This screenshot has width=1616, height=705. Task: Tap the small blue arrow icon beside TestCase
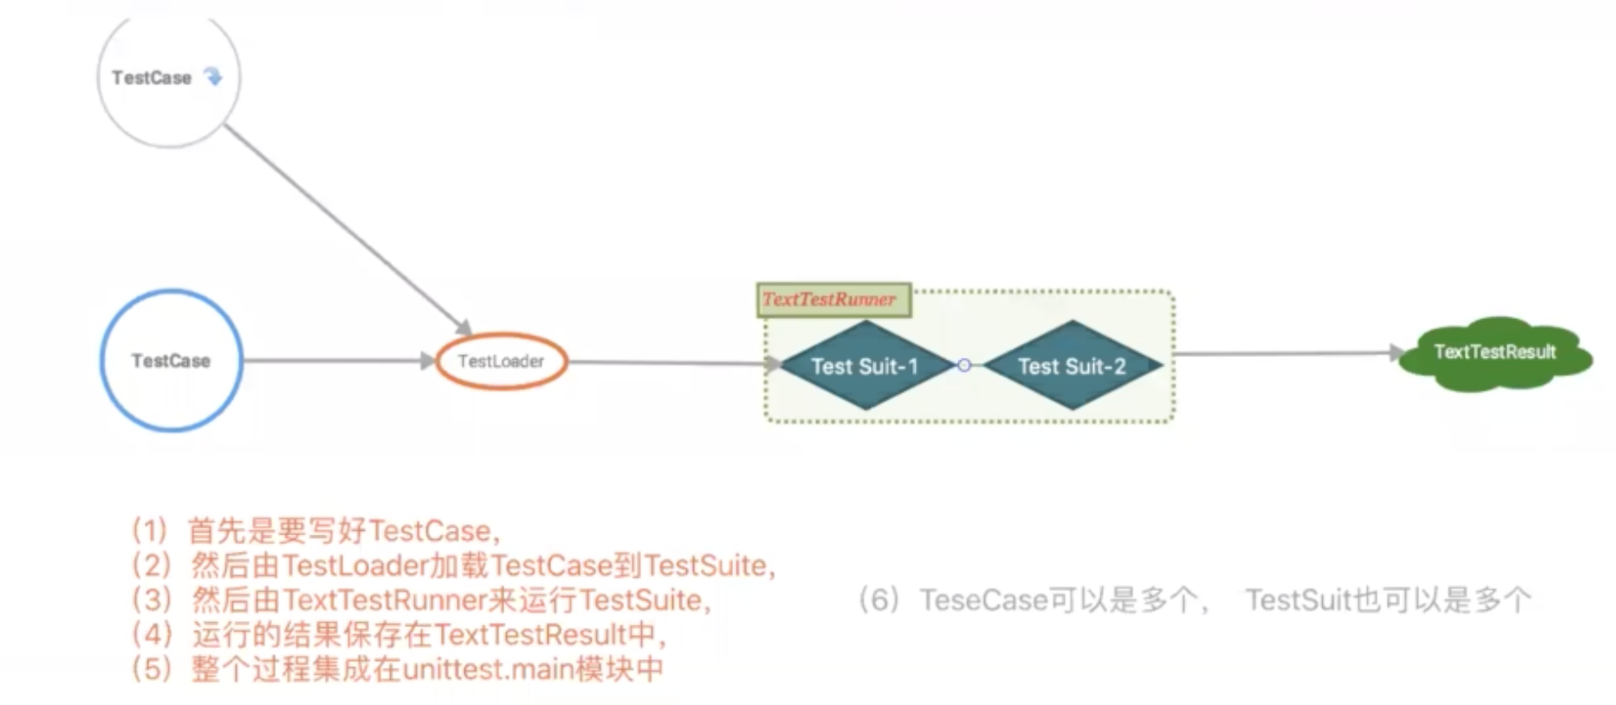click(x=213, y=77)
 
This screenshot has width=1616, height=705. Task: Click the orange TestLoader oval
click(x=501, y=360)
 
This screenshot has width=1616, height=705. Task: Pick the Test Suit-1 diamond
click(x=865, y=366)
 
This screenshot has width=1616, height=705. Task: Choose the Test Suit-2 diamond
click(x=1071, y=366)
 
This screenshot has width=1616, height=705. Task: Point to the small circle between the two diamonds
click(x=964, y=365)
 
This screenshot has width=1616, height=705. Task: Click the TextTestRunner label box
click(x=833, y=299)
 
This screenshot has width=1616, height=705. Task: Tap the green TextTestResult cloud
click(x=1494, y=353)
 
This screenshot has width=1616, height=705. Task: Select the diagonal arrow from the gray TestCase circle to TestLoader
click(x=344, y=225)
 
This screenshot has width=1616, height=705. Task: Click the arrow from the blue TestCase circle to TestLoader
click(x=336, y=360)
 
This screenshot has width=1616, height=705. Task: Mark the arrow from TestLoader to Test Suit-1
click(x=667, y=362)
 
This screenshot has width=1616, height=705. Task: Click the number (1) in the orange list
click(x=149, y=531)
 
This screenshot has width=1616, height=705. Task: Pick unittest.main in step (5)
click(x=487, y=669)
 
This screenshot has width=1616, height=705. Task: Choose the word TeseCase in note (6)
click(x=984, y=601)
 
